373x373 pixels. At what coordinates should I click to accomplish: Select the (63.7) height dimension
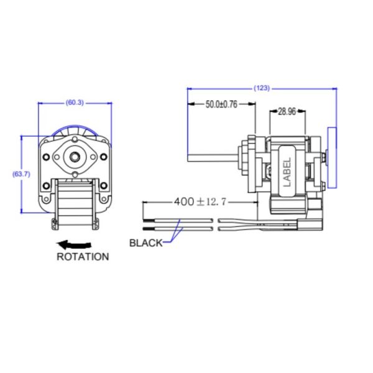pyautogui.click(x=21, y=174)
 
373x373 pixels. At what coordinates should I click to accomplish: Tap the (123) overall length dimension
pyautogui.click(x=262, y=88)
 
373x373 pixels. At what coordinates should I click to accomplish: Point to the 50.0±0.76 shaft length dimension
pyautogui.click(x=221, y=104)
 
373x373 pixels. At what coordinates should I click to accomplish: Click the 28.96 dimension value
pyautogui.click(x=287, y=112)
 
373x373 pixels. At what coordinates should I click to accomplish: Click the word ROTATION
pyautogui.click(x=83, y=256)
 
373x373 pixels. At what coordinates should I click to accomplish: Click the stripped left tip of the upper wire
pyautogui.click(x=148, y=220)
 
